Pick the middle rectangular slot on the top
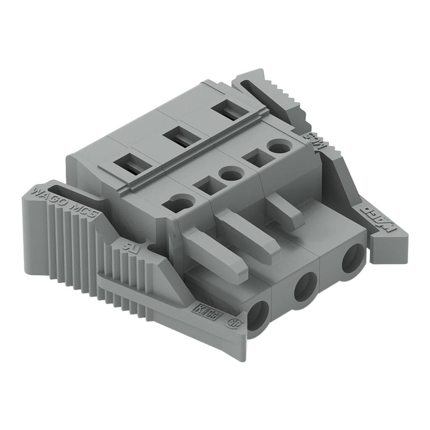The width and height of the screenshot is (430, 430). (181, 137)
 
